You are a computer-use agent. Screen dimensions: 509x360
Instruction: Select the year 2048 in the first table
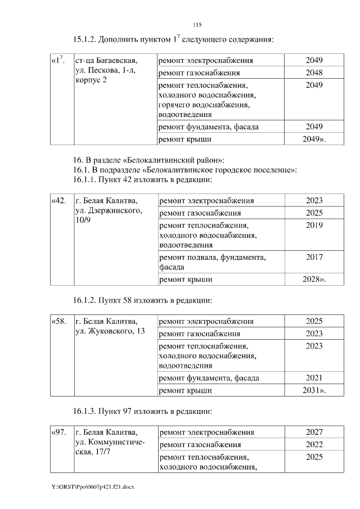click(314, 73)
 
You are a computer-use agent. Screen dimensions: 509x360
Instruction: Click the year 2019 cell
click(314, 226)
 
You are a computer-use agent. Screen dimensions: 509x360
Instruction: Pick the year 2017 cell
click(314, 257)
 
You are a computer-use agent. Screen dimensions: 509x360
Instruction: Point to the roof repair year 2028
click(314, 279)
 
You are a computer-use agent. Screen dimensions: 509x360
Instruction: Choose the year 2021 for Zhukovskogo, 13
click(314, 377)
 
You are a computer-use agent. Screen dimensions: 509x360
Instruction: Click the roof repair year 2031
click(314, 390)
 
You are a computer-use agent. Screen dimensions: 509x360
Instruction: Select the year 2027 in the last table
click(314, 433)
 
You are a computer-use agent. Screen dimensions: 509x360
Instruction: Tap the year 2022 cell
click(314, 445)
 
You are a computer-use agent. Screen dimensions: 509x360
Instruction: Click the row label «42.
click(59, 200)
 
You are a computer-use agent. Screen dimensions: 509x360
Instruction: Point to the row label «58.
click(59, 321)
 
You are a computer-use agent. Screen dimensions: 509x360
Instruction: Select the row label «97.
click(59, 432)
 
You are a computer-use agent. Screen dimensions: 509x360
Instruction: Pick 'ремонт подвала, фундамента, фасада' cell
click(213, 262)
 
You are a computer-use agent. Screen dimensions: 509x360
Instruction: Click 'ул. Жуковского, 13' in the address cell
click(110, 331)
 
